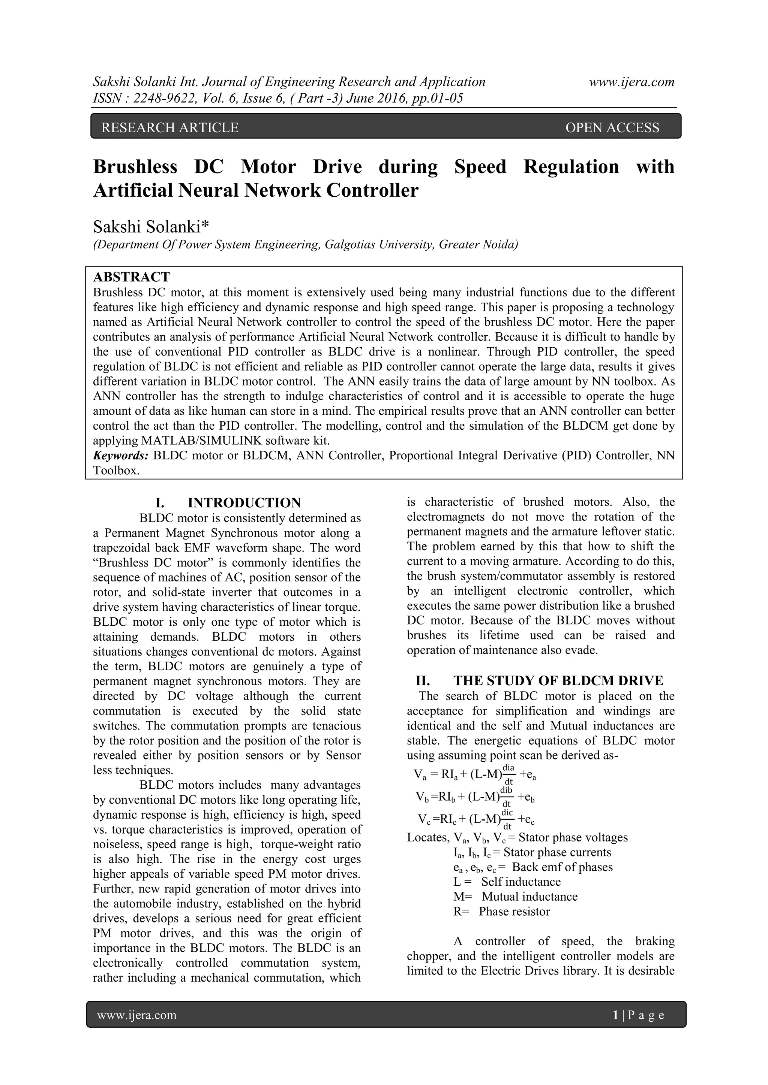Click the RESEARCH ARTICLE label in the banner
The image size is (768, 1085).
click(x=170, y=128)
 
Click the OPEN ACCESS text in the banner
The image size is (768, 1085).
click(x=612, y=128)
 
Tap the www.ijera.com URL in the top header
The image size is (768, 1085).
click(x=631, y=82)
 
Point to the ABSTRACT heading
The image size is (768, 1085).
click(x=132, y=276)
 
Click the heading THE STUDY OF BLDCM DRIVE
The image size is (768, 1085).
click(x=558, y=680)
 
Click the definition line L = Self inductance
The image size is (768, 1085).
click(x=507, y=882)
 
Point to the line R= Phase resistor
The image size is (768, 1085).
click(x=501, y=911)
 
